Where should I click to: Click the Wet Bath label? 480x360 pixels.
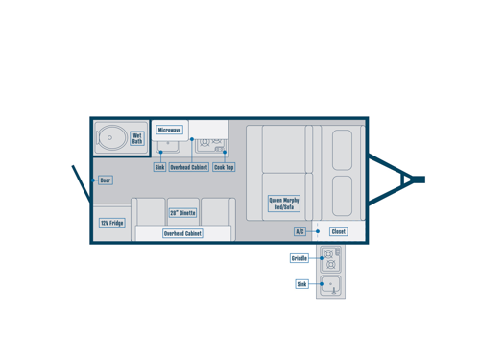137,139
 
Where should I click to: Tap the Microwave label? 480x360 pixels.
169,130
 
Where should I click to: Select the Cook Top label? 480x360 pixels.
224,167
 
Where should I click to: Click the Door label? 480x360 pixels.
105,180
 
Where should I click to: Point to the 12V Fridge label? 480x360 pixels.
111,223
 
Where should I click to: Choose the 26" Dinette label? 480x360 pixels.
182,213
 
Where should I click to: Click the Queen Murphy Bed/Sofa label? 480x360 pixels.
284,204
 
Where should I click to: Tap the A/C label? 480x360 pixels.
300,231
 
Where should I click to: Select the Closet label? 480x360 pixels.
338,231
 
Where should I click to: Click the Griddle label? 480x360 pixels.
300,258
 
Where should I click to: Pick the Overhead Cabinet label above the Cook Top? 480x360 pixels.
188,167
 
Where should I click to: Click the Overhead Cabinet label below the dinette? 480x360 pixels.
182,233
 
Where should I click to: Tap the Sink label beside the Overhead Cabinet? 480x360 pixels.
159,167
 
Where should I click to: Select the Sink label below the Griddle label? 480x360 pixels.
301,284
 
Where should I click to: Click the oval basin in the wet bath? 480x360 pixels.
111,138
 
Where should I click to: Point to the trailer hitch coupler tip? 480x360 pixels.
419,180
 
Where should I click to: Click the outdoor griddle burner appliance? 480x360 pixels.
330,257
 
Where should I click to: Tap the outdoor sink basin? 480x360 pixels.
330,284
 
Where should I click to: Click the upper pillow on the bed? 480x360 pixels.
342,150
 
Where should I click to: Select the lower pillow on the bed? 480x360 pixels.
342,195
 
